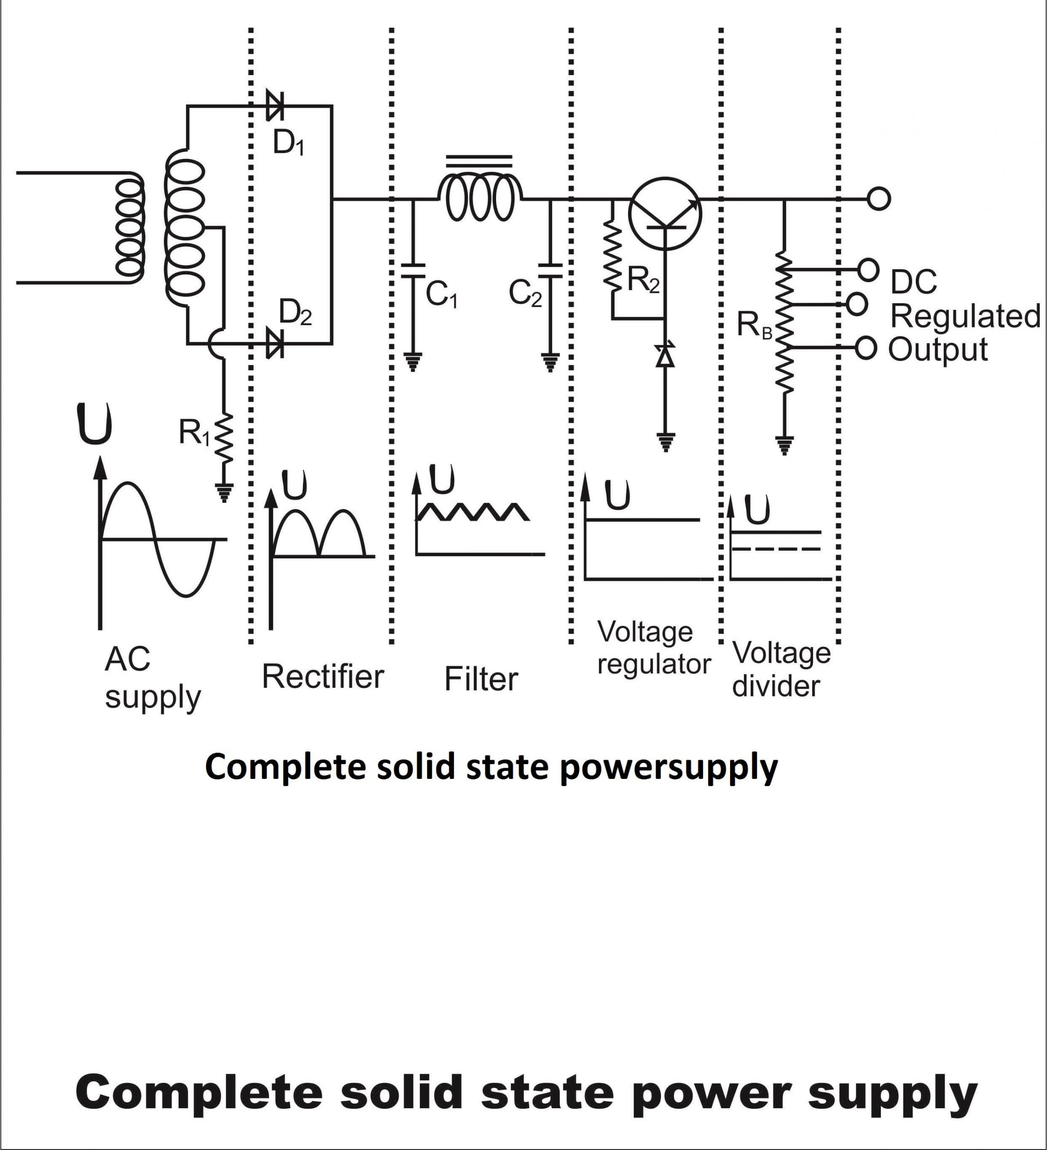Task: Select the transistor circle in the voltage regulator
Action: coord(665,213)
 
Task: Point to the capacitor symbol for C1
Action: coord(413,270)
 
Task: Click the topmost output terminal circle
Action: coord(878,199)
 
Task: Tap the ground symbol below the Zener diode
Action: coord(665,442)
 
